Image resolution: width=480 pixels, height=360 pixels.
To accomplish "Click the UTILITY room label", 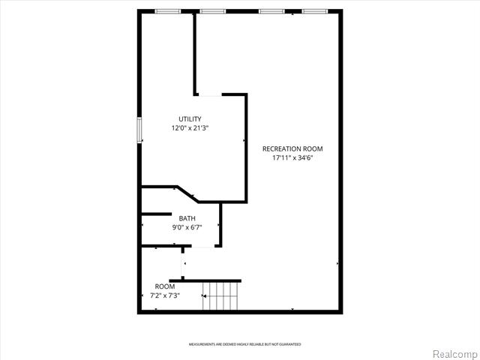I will click(190, 119).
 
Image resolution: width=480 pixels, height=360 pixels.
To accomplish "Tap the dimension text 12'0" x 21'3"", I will click(190, 128).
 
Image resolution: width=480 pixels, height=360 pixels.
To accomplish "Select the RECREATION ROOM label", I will click(292, 148).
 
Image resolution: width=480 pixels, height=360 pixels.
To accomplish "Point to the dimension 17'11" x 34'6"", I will click(292, 157).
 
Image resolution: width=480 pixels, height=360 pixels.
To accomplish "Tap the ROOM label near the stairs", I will click(165, 286).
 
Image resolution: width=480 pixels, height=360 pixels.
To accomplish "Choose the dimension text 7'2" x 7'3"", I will click(165, 295).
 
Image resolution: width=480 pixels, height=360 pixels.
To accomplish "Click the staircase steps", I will click(221, 295).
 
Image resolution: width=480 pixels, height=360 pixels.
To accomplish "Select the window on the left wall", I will click(139, 129).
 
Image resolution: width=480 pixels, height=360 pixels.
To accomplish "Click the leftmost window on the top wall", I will click(167, 11).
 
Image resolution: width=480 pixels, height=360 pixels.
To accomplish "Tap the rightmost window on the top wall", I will click(315, 11).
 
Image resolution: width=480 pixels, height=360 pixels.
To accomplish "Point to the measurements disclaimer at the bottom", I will click(244, 344).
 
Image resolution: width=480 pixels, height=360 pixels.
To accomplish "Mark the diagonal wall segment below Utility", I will click(186, 194).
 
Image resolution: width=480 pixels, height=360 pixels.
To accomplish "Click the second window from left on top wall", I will click(213, 11).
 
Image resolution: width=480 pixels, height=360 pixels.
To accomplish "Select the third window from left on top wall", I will click(271, 11).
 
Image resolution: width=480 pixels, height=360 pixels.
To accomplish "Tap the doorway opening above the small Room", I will click(183, 262).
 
